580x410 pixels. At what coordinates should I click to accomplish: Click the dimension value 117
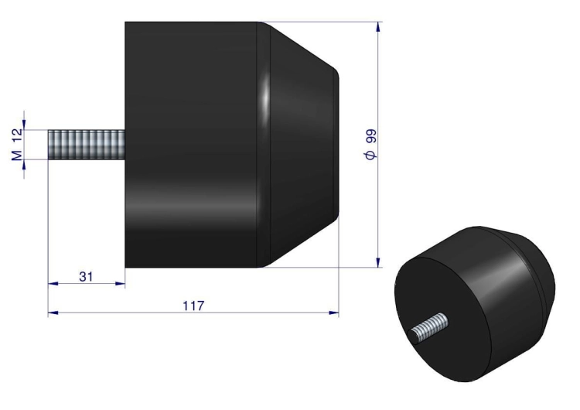coord(193,306)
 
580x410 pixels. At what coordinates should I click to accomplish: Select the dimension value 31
coord(86,277)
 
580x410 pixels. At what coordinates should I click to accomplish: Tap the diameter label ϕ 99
coord(370,145)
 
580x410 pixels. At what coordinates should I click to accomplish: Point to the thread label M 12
coord(17,145)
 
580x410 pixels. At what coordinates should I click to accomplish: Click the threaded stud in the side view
coord(87,145)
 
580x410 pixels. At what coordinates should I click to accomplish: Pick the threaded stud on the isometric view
coord(429,328)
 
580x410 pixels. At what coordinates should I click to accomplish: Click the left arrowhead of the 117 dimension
coord(53,313)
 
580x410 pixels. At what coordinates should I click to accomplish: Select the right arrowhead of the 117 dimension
coord(333,313)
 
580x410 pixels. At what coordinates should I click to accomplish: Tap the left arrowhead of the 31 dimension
coord(53,284)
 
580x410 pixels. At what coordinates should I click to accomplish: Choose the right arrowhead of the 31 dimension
coord(120,284)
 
